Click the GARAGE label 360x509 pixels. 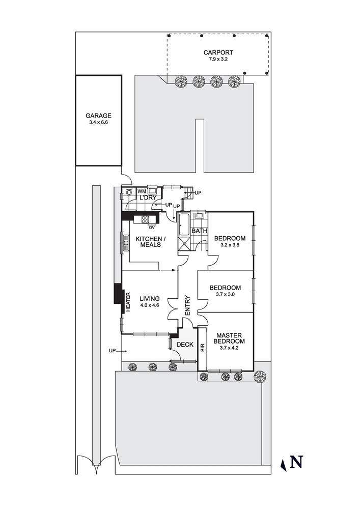click(x=99, y=116)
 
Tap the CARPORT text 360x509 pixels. click(x=218, y=52)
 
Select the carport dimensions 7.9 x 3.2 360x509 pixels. click(x=218, y=59)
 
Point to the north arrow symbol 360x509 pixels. click(x=293, y=462)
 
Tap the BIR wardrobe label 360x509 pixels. click(x=202, y=348)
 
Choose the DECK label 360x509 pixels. click(x=184, y=345)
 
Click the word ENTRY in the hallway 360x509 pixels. click(x=187, y=305)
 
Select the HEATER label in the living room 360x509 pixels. click(x=128, y=301)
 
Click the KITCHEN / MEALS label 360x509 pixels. click(x=149, y=242)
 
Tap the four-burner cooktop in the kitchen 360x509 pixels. click(x=145, y=220)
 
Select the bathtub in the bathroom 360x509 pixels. click(x=184, y=224)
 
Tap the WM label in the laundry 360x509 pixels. click(x=142, y=191)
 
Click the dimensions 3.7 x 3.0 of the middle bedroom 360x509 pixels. click(x=225, y=294)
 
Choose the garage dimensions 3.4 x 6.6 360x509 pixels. click(x=99, y=123)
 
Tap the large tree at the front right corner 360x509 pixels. click(x=260, y=376)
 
